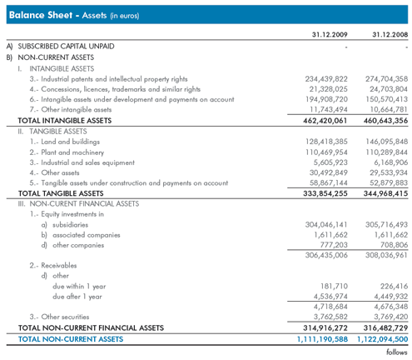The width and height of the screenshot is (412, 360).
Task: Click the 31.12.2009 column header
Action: point(330,34)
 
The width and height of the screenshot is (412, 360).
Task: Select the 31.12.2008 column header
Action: point(390,34)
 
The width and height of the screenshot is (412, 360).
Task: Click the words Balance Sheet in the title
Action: point(41,15)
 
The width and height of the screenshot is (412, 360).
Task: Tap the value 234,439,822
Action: point(326,79)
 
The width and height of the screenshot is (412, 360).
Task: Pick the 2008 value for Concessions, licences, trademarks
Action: point(389,89)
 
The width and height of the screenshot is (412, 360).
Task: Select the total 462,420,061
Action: point(325,121)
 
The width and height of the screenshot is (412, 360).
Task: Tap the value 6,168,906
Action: point(391,162)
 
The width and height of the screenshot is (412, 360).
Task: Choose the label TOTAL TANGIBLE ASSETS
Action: point(61,193)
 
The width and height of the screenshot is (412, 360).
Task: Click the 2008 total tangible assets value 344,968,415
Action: point(385,193)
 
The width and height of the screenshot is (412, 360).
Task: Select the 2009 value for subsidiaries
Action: point(326,224)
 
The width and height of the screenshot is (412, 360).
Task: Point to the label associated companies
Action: point(87,235)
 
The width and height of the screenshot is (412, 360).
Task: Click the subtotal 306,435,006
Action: point(326,255)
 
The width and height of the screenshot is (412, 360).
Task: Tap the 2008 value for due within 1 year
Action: point(394,286)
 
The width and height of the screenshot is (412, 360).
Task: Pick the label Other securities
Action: point(65,317)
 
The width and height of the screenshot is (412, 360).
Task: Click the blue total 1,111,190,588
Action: point(322,339)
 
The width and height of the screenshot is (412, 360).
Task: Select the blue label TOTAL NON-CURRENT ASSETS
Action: point(71,339)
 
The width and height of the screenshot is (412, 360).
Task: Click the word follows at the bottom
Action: point(397,352)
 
